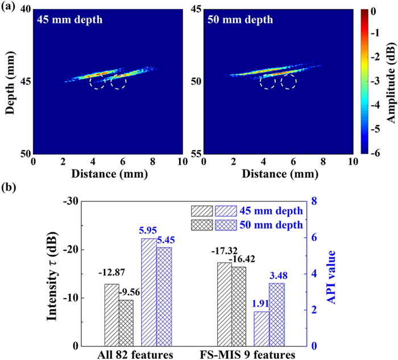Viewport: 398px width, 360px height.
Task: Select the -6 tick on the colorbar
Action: click(372, 153)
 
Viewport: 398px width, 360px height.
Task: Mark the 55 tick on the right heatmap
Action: click(194, 154)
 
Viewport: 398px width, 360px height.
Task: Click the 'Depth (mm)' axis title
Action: click(9, 82)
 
